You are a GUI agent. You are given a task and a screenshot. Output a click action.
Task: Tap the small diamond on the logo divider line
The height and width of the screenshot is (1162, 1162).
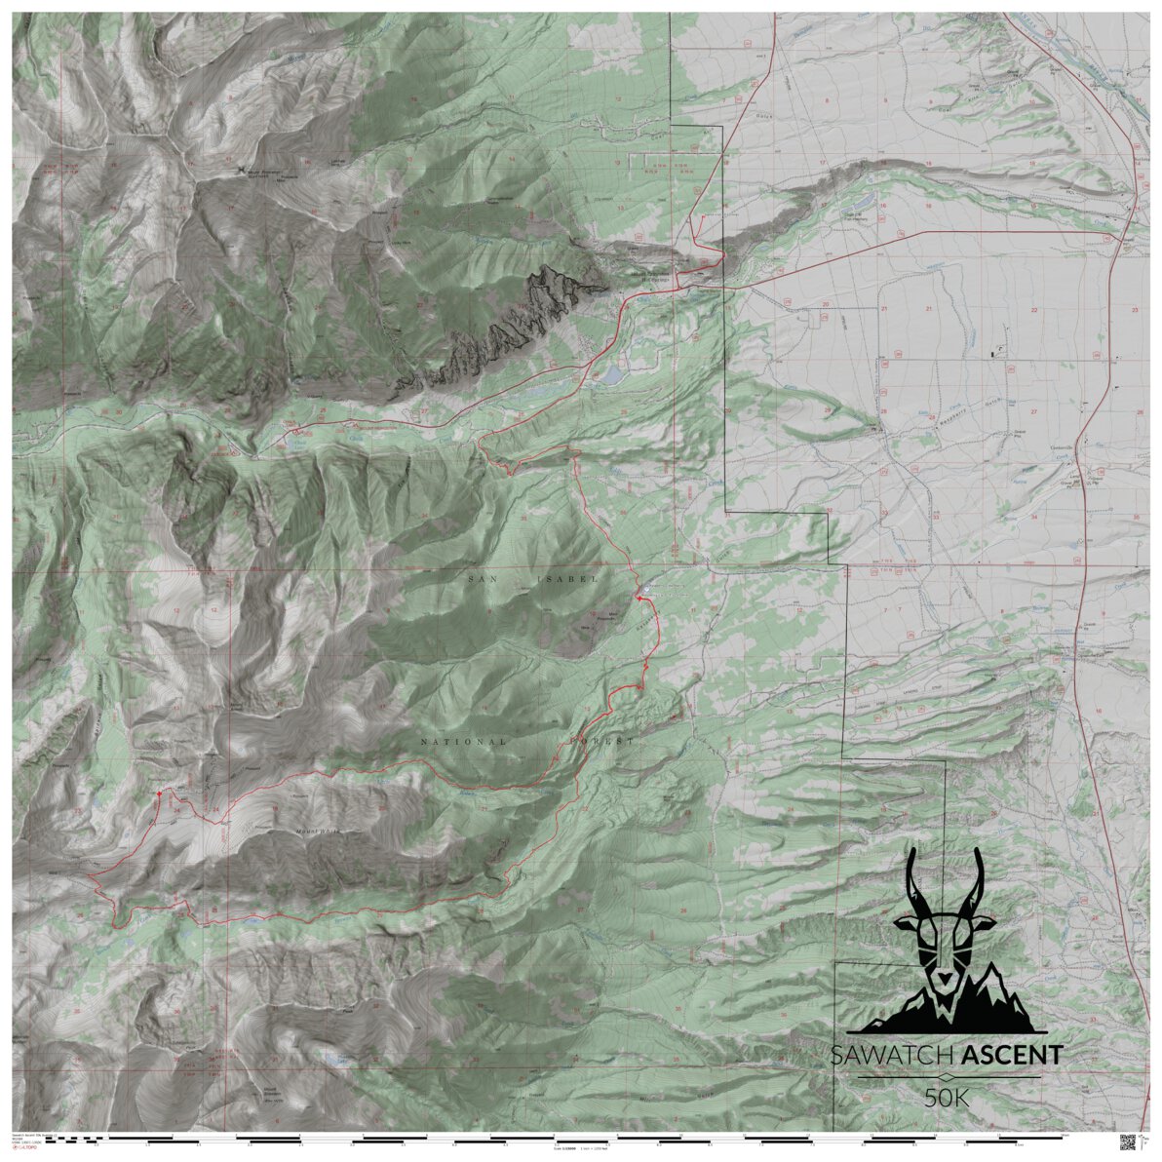click(x=945, y=1077)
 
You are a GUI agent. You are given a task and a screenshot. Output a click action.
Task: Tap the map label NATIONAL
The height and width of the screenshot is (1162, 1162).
click(x=464, y=742)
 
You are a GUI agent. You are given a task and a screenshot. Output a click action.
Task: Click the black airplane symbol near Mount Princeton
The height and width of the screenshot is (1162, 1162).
click(x=241, y=172)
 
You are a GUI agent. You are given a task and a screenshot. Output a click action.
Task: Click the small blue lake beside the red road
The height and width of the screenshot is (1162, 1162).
click(x=611, y=375)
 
